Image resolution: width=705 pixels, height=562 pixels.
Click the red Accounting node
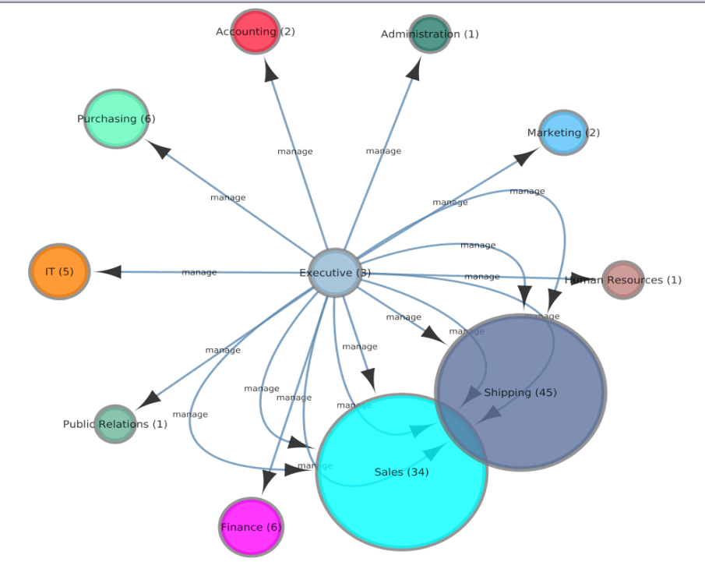tap(255, 32)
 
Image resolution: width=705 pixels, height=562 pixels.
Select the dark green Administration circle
tap(429, 34)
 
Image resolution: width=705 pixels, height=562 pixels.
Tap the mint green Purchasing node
tap(116, 118)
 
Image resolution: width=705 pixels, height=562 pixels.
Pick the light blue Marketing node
tap(562, 133)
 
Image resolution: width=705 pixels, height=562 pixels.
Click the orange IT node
tap(59, 271)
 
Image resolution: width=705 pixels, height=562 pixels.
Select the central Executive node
tap(335, 273)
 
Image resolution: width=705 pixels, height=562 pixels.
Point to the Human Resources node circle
tap(622, 280)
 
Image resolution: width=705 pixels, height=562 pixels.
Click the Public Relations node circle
tap(115, 424)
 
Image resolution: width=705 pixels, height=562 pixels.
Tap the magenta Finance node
tap(251, 527)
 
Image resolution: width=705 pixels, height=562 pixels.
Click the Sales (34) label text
tap(401, 472)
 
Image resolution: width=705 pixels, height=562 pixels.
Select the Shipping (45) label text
tap(520, 392)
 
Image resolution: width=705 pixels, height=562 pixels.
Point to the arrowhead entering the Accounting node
tap(270, 71)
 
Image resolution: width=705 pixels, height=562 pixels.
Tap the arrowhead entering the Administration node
tap(414, 69)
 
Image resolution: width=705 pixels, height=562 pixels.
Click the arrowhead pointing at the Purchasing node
tap(158, 149)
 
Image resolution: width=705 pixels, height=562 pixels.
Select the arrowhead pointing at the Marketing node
tap(526, 157)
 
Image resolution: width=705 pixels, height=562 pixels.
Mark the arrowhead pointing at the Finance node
tap(267, 481)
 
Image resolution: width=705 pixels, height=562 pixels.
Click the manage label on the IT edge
tap(199, 272)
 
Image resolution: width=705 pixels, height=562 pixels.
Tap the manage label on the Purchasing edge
tap(227, 197)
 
